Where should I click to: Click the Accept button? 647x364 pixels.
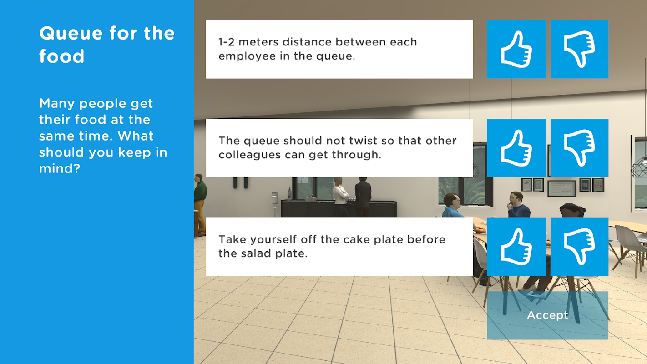pos(547,315)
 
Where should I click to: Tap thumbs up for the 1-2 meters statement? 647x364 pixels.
pos(516,49)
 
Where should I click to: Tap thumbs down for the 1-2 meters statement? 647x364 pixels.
pos(579,49)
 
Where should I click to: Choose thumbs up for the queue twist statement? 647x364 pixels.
pos(516,148)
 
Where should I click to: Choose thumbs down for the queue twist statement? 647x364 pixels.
pos(579,148)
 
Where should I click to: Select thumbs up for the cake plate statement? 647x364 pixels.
pos(516,247)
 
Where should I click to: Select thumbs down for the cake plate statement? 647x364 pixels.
pos(579,247)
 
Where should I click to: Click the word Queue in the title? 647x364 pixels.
pos(71,34)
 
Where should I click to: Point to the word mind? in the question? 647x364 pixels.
pos(60,168)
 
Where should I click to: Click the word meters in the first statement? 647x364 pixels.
pos(258,42)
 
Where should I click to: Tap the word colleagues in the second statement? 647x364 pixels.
pos(249,155)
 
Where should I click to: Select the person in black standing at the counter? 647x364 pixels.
pos(363,197)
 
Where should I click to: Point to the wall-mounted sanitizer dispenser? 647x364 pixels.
pos(274,198)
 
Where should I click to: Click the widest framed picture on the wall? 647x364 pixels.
pos(561,188)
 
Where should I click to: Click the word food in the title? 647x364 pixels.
pos(62,56)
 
